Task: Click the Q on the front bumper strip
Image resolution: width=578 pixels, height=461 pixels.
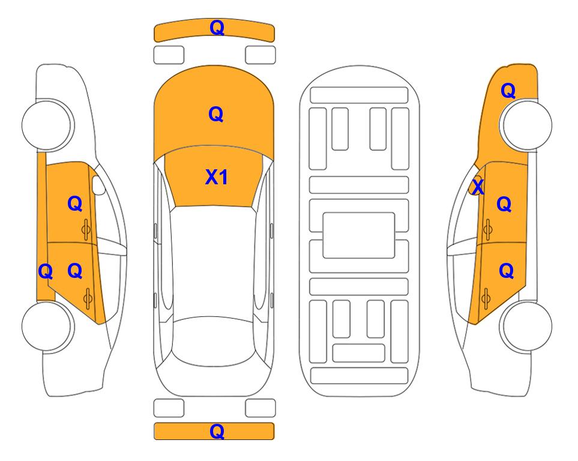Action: click(x=217, y=28)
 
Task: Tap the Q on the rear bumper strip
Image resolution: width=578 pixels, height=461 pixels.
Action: click(x=217, y=431)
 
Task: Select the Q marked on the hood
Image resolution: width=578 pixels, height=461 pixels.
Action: click(x=216, y=114)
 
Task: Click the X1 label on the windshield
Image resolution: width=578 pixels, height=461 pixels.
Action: click(x=217, y=177)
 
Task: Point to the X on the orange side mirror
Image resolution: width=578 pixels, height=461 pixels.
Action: click(x=478, y=187)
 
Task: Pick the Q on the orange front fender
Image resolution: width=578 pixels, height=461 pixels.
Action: click(x=508, y=91)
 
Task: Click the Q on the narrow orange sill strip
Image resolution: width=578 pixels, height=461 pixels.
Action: click(x=46, y=272)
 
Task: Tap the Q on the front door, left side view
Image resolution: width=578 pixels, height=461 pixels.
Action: click(x=75, y=203)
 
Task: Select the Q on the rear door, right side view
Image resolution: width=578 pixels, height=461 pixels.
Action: click(x=506, y=271)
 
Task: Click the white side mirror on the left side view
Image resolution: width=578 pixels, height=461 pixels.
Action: click(x=98, y=185)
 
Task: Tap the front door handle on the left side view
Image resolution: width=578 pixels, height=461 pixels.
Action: click(x=86, y=230)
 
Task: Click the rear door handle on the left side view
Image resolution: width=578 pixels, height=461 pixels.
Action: click(x=88, y=298)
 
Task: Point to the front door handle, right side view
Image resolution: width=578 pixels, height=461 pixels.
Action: click(x=488, y=229)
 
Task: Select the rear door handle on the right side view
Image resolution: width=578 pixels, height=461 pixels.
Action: click(x=486, y=298)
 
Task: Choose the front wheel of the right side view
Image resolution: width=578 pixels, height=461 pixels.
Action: click(x=526, y=125)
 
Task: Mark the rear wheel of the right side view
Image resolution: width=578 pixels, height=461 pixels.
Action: click(x=526, y=326)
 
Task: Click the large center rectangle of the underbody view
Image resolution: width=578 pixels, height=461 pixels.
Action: click(x=359, y=235)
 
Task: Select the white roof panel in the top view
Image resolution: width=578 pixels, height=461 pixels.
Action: click(x=214, y=262)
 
